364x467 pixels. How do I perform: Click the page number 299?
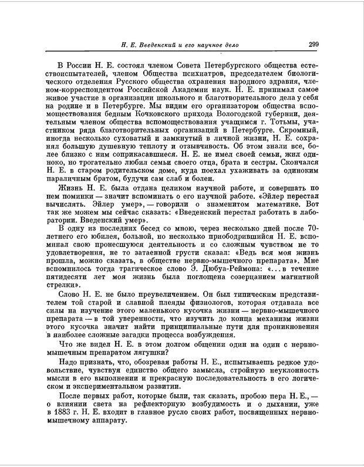click(312, 43)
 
